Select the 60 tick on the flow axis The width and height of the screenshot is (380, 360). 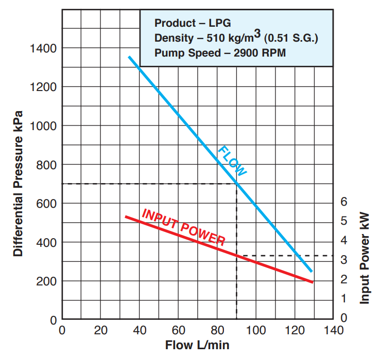tap(178, 330)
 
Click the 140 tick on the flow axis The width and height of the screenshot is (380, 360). tap(334, 330)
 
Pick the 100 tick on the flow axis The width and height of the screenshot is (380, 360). tap(256, 330)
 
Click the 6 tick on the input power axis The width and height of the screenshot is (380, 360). tap(344, 201)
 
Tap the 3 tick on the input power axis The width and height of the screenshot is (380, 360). tap(344, 260)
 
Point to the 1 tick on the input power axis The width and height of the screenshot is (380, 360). tap(344, 299)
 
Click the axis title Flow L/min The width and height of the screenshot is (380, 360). tap(197, 345)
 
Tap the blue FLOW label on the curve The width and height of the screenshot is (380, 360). tap(232, 161)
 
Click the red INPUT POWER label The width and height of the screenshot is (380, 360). tap(183, 227)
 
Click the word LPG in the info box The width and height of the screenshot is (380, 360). tap(221, 23)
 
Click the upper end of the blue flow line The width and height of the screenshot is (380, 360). tap(129, 57)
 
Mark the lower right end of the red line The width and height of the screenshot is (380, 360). tap(313, 282)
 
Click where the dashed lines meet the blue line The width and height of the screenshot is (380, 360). tap(236, 184)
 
